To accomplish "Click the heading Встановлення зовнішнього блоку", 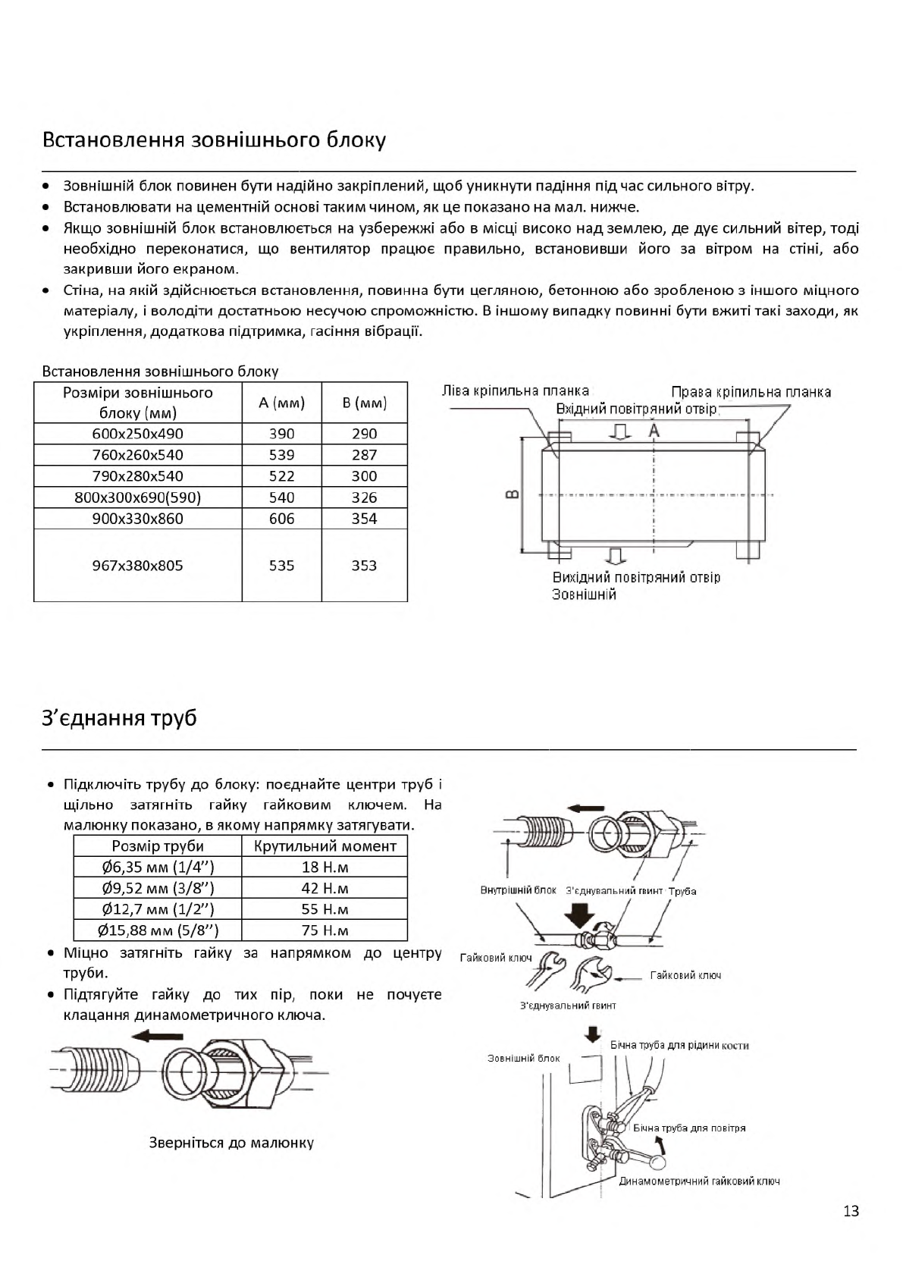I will coord(214,140).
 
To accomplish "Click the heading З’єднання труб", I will coord(119,717).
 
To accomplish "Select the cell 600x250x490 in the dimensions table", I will coord(138,434).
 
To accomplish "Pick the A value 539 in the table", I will coord(281,455).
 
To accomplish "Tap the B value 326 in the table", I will coord(364,497).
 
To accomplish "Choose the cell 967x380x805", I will coord(138,566).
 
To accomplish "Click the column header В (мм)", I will coord(364,403).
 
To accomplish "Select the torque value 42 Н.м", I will coord(325,888).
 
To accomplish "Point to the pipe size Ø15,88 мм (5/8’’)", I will coord(158,930).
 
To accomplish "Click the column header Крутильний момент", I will coord(325,846).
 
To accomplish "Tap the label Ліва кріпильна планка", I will coord(516,391).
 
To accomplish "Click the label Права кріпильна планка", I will coord(751,392).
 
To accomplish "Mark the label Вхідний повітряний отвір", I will coord(637,409).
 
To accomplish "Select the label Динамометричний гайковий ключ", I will coord(699,1181).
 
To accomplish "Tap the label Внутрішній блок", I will coord(518,890).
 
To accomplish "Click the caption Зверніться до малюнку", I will coord(231,1143).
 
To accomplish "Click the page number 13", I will coord(851,1211).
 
